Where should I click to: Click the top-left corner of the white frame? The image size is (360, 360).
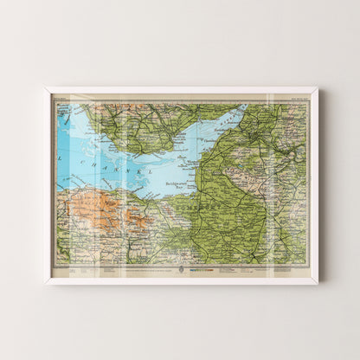(45, 88)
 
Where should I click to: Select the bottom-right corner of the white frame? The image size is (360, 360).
(318, 283)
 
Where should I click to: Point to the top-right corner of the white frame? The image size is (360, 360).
(318, 88)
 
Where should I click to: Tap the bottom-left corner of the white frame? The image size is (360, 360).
(45, 283)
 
